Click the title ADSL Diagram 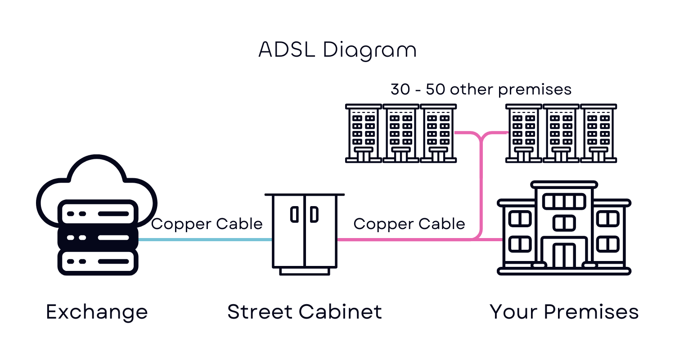click(x=337, y=50)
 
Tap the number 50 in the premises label click(x=435, y=90)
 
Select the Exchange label click(x=97, y=312)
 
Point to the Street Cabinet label click(x=305, y=312)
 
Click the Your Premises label click(x=564, y=312)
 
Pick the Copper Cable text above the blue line click(x=207, y=224)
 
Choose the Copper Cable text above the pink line click(x=409, y=224)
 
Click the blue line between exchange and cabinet click(x=205, y=239)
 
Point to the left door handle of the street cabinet click(x=295, y=215)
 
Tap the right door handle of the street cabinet click(x=315, y=215)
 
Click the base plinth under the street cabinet click(x=305, y=271)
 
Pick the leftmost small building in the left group click(x=364, y=133)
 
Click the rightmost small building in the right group click(x=598, y=133)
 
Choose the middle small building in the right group click(x=561, y=133)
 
